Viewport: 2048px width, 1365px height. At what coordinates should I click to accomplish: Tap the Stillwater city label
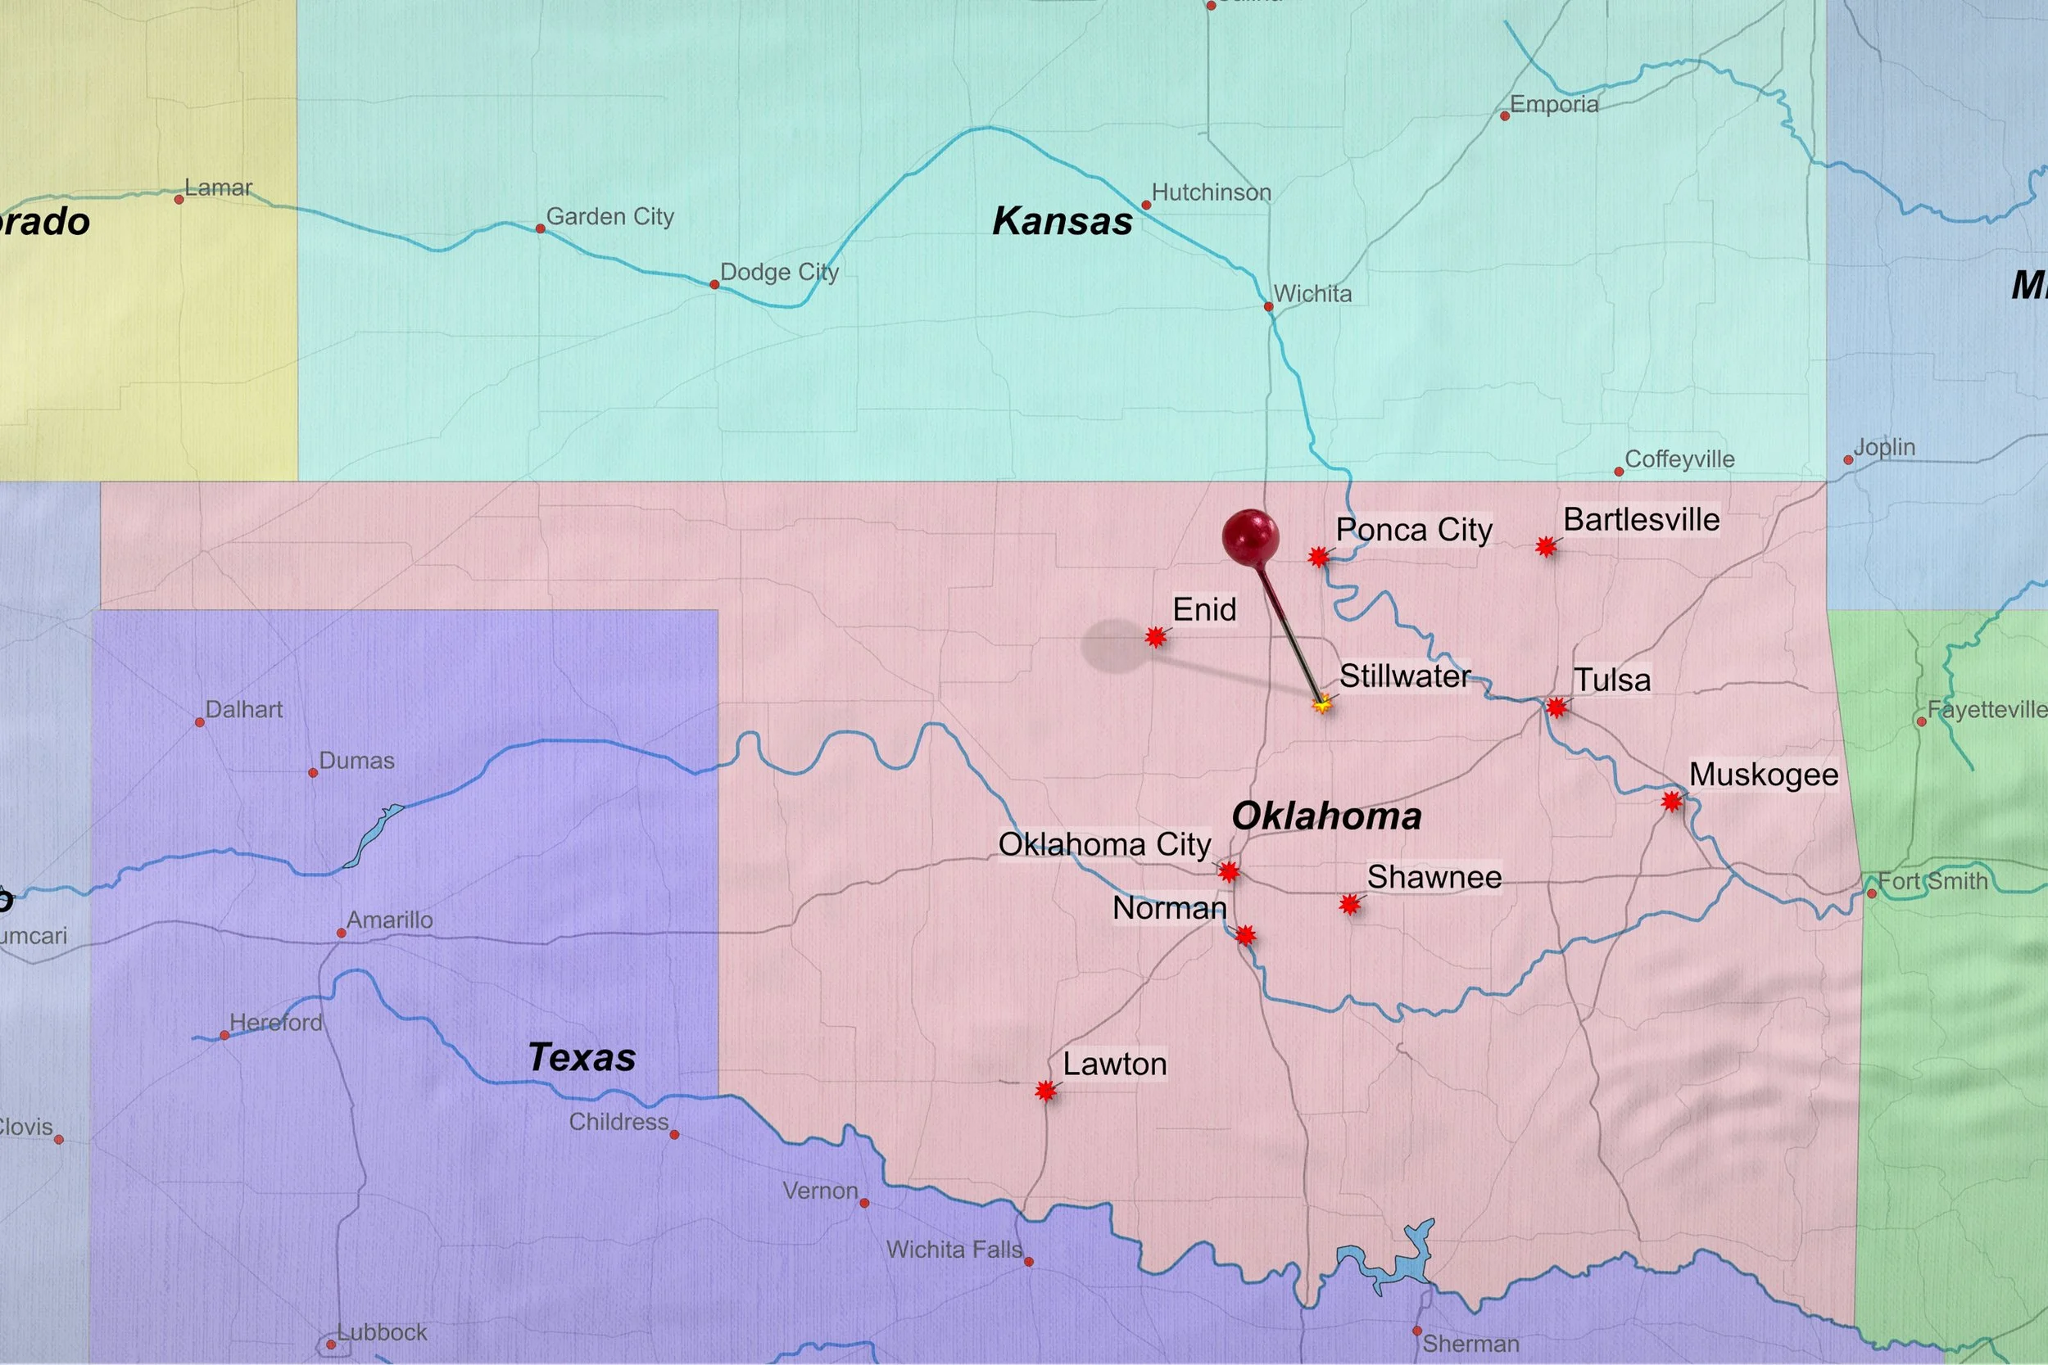coord(1404,676)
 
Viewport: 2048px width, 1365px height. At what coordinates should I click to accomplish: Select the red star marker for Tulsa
coord(1556,707)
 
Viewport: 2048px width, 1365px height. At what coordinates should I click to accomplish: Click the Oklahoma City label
coord(1104,844)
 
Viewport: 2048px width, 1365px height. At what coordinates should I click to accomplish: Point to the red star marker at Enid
coord(1156,638)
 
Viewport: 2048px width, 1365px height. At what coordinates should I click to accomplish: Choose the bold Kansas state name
coord(1063,221)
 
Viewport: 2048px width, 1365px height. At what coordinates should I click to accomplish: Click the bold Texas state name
coord(582,1058)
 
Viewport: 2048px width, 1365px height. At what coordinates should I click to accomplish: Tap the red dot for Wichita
coord(1269,306)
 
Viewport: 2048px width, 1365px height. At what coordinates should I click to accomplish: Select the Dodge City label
coord(779,273)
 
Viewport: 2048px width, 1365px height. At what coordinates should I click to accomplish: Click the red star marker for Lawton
coord(1046,1091)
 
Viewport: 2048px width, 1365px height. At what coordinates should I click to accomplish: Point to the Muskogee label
coord(1763,775)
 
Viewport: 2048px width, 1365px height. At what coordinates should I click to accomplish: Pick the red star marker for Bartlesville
coord(1546,547)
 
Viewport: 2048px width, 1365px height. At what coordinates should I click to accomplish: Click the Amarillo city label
coord(389,920)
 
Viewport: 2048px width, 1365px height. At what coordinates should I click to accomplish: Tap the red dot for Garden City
coord(540,229)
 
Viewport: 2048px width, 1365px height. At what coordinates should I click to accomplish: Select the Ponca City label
coord(1414,530)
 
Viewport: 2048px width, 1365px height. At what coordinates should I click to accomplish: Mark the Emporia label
coord(1554,106)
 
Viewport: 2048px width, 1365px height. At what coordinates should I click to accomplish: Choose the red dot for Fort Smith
coord(1872,894)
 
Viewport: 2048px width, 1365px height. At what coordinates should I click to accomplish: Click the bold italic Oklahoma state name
coord(1327,816)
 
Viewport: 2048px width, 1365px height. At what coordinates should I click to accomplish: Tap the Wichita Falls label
coord(954,1250)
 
